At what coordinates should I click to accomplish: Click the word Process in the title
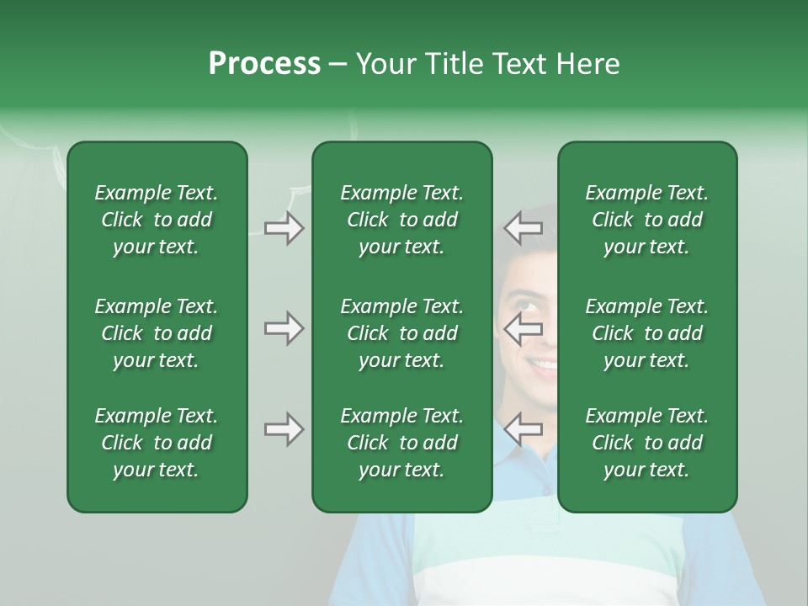click(x=264, y=64)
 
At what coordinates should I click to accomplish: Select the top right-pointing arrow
click(x=284, y=228)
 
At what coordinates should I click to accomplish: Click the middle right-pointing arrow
click(x=284, y=329)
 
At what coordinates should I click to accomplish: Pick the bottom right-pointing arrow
click(x=284, y=430)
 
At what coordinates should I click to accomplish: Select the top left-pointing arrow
click(x=524, y=228)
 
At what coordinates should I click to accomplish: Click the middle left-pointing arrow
click(x=524, y=329)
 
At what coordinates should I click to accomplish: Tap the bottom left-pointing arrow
click(x=524, y=430)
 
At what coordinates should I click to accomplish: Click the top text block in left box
click(x=157, y=220)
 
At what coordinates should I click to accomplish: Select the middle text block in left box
click(x=157, y=333)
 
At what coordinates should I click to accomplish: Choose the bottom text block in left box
click(x=157, y=443)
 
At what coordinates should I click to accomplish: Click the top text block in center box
click(x=401, y=220)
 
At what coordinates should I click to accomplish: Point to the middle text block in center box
click(x=401, y=333)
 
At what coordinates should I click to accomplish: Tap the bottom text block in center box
click(x=401, y=443)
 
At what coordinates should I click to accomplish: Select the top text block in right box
click(x=646, y=220)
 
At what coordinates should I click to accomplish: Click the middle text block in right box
click(x=646, y=333)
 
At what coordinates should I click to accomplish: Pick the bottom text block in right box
click(x=646, y=443)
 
